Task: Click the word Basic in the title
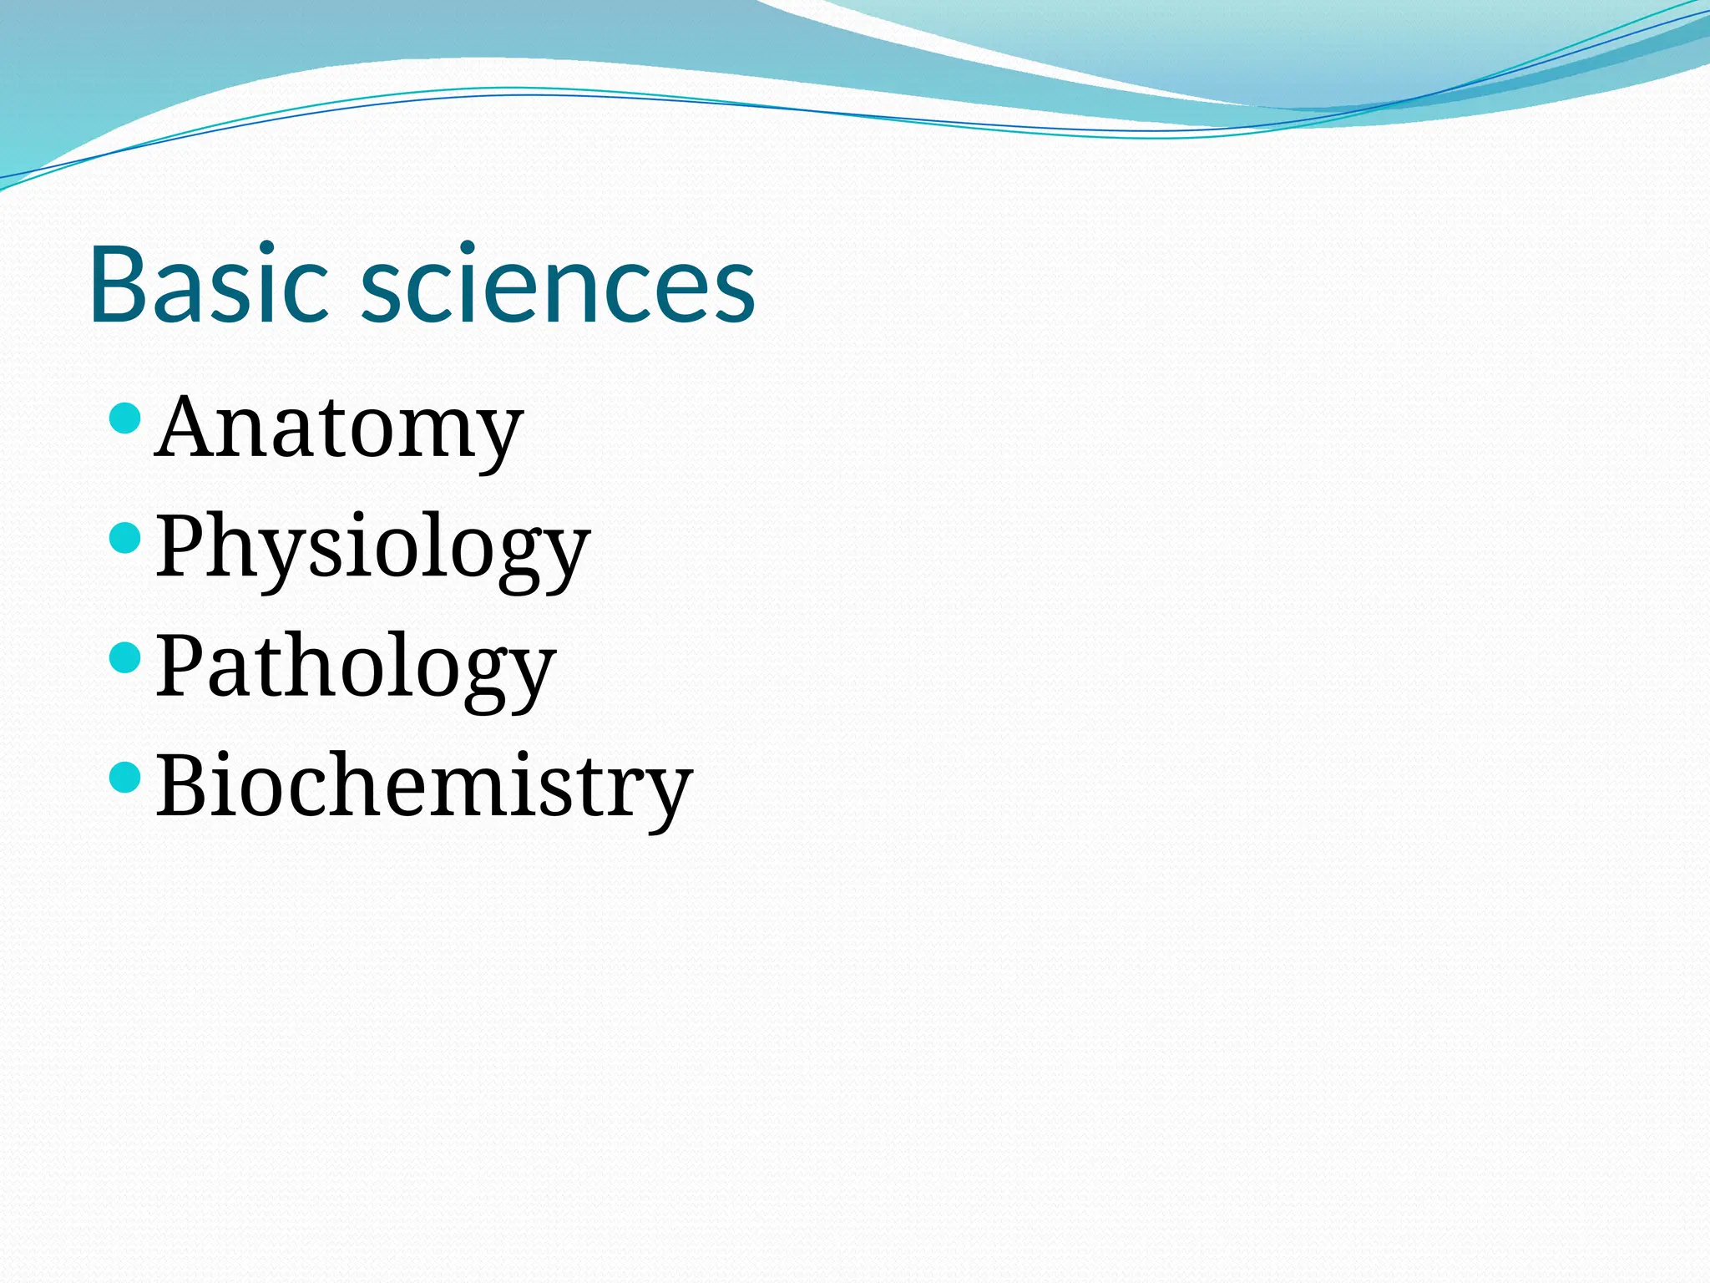[x=208, y=284]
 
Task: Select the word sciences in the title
[x=558, y=284]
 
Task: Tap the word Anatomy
[x=338, y=428]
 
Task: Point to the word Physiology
[x=372, y=548]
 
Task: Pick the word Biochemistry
[x=424, y=786]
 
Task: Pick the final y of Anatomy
[x=497, y=439]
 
